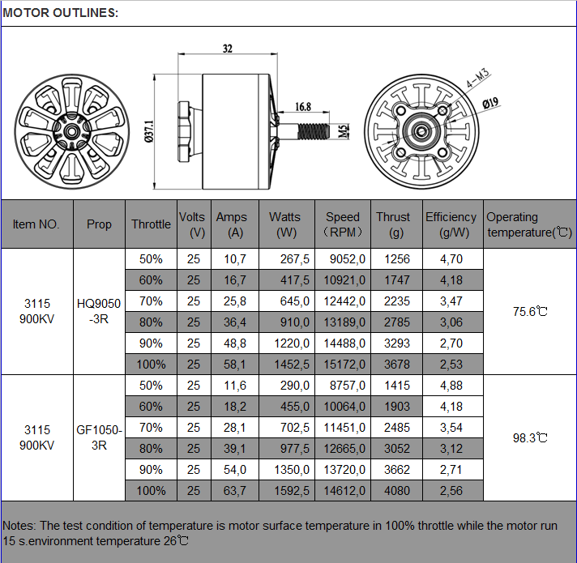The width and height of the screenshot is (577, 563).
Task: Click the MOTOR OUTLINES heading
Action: pyautogui.click(x=61, y=13)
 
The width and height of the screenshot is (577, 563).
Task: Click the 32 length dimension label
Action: pyautogui.click(x=228, y=49)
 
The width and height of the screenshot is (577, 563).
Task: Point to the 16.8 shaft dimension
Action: pyautogui.click(x=303, y=107)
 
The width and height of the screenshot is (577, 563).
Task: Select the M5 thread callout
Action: pyautogui.click(x=344, y=130)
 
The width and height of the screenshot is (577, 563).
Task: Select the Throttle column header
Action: pyautogui.click(x=151, y=224)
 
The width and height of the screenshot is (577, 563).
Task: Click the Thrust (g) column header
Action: pyautogui.click(x=393, y=224)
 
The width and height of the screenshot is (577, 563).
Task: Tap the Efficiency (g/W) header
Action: pyautogui.click(x=451, y=224)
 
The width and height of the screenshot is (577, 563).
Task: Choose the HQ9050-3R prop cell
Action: pyautogui.click(x=99, y=311)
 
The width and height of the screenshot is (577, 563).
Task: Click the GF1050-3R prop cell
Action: pyautogui.click(x=99, y=437)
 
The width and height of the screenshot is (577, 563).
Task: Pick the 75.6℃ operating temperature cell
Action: pyautogui.click(x=531, y=311)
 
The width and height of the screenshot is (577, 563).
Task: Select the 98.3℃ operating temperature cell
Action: pyautogui.click(x=531, y=437)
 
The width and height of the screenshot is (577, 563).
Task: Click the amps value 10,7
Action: pyautogui.click(x=234, y=259)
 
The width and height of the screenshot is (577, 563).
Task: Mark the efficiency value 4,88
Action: pyautogui.click(x=451, y=386)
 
